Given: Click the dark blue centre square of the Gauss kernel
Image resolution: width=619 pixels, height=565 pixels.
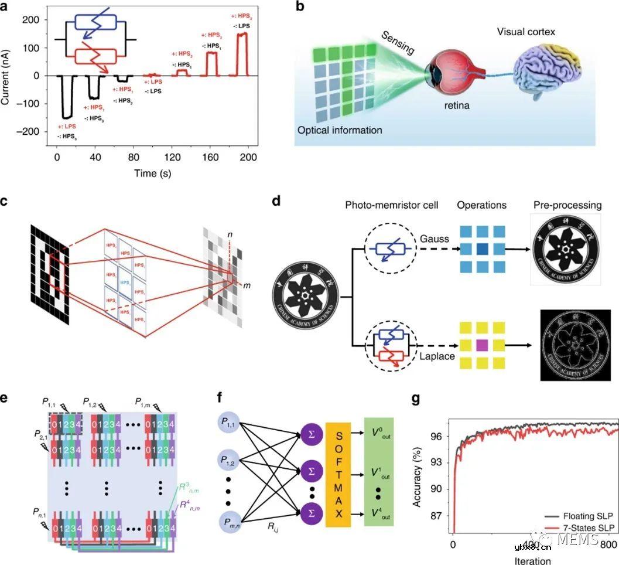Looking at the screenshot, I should (x=481, y=249).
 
